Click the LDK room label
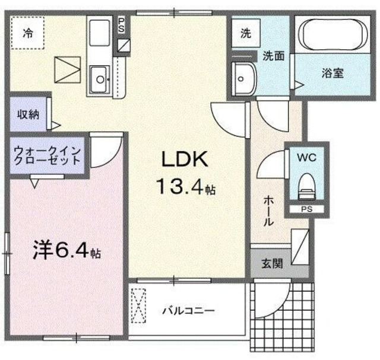[x=185, y=159]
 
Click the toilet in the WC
[x=307, y=186]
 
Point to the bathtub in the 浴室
[x=333, y=34]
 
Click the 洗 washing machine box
[x=246, y=33]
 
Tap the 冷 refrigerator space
[x=28, y=33]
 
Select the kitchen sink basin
[x=99, y=79]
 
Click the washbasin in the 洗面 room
[x=243, y=79]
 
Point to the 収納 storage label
[x=28, y=114]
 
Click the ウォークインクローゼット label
[x=47, y=155]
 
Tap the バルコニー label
[x=188, y=311]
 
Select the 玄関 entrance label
[x=272, y=263]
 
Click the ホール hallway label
[x=268, y=211]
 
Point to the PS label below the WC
[x=307, y=209]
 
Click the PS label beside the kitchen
[x=121, y=25]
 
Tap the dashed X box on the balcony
[x=138, y=305]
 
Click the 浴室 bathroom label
[x=332, y=73]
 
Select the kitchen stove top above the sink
[x=99, y=33]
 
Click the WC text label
[x=307, y=158]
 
